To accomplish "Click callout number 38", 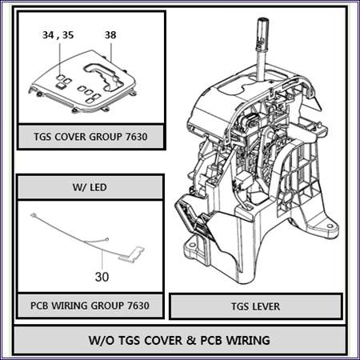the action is click(x=110, y=35).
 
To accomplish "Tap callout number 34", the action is click(x=48, y=35).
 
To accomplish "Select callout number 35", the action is click(x=68, y=35).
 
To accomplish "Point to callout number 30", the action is click(x=102, y=277).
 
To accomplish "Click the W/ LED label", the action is click(x=90, y=187).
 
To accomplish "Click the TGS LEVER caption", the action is click(x=255, y=306).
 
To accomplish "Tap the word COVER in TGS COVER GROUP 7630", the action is click(x=70, y=137).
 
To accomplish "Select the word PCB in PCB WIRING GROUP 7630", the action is click(x=39, y=306).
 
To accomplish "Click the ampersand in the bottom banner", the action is click(x=192, y=341).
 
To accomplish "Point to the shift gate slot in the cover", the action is click(x=105, y=75).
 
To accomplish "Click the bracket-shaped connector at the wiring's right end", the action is click(x=132, y=254).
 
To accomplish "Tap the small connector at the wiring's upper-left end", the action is click(x=33, y=215).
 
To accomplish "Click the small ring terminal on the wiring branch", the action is click(x=107, y=239).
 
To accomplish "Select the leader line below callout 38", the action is click(x=111, y=50).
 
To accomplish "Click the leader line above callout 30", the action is click(x=102, y=260).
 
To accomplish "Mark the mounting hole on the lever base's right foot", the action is click(x=330, y=226).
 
